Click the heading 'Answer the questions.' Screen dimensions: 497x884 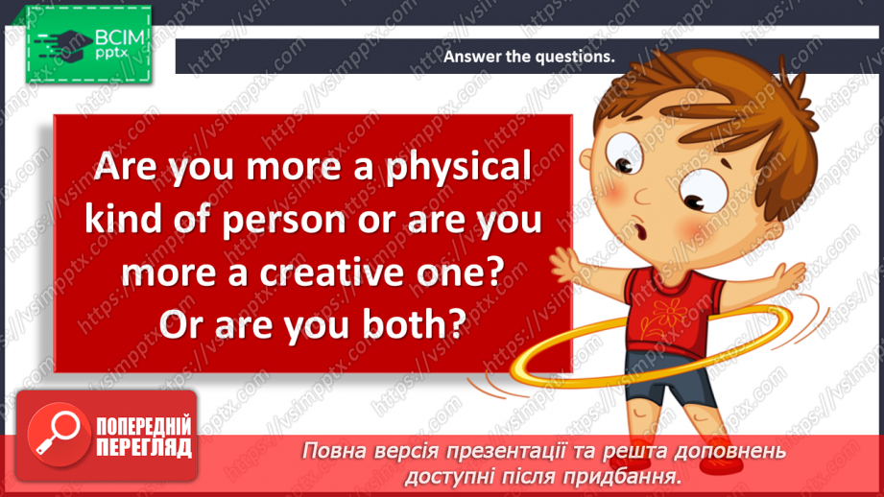tap(528, 57)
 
